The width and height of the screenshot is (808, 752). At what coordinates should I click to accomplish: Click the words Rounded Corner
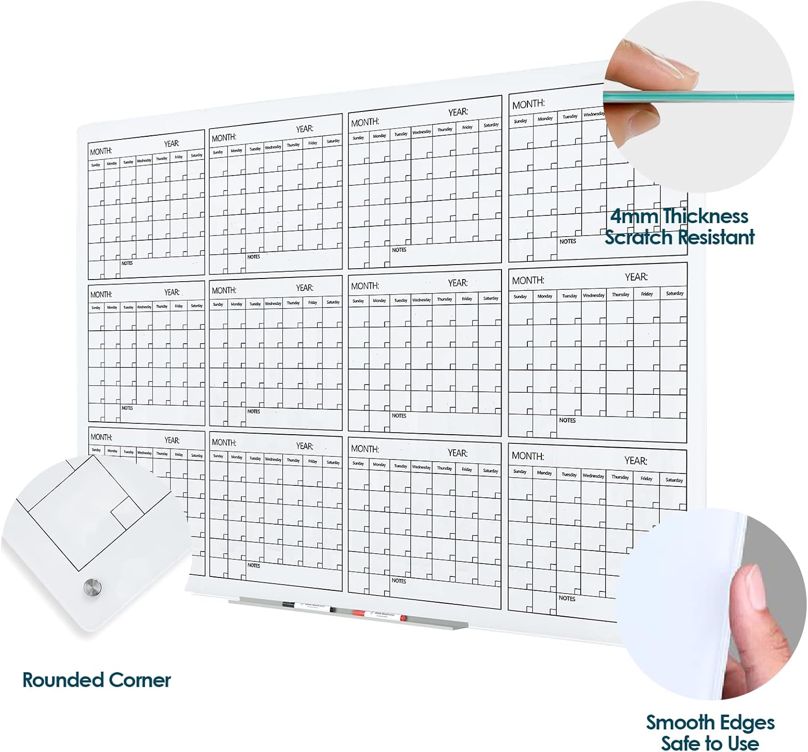pyautogui.click(x=96, y=680)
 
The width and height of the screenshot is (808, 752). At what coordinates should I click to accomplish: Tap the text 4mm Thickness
pyautogui.click(x=679, y=216)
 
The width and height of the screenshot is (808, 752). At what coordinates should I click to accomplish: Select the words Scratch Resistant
pyautogui.click(x=679, y=237)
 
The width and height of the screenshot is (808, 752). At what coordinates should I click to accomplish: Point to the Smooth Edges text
pyautogui.click(x=711, y=722)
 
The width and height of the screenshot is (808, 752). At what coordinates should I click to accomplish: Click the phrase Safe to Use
pyautogui.click(x=711, y=743)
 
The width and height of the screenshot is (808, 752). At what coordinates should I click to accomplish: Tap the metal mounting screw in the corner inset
pyautogui.click(x=92, y=587)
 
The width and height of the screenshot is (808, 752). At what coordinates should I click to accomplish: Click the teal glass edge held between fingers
pyautogui.click(x=700, y=98)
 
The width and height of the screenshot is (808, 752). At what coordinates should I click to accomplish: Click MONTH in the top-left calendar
pyautogui.click(x=101, y=151)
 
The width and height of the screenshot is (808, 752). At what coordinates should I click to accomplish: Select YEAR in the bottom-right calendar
pyautogui.click(x=636, y=461)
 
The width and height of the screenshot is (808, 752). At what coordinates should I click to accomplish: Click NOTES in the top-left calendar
pyautogui.click(x=127, y=263)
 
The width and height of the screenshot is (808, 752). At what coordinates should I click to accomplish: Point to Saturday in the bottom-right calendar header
pyautogui.click(x=674, y=479)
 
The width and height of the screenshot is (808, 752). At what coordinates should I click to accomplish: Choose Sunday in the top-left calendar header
pyautogui.click(x=95, y=164)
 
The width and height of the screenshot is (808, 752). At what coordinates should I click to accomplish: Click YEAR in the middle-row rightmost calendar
pyautogui.click(x=636, y=277)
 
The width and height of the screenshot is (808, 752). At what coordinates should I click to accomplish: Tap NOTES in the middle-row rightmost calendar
pyautogui.click(x=567, y=420)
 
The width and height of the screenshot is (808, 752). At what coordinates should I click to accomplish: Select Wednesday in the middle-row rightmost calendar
pyautogui.click(x=594, y=295)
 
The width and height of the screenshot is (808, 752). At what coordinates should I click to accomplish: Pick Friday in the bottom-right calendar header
pyautogui.click(x=646, y=478)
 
